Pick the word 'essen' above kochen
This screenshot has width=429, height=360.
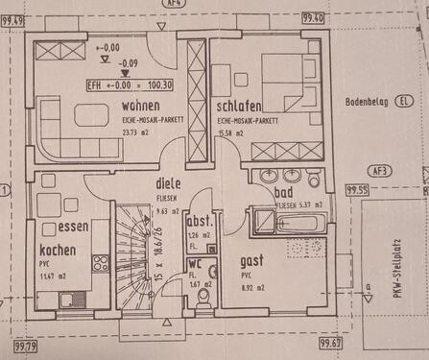tap(74, 228)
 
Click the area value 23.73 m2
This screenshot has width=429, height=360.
tap(130, 134)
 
